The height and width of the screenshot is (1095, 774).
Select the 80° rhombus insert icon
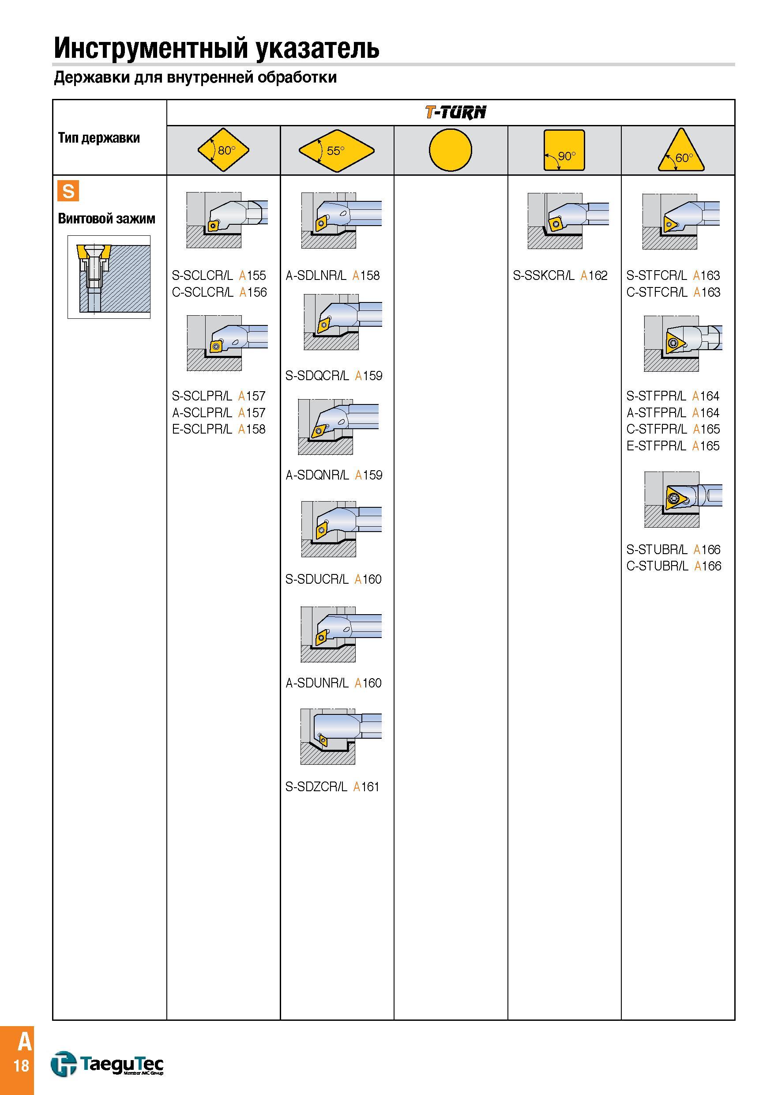pos(224,150)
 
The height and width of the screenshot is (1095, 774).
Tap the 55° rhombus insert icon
pos(337,151)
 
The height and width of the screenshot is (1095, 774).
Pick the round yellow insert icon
pos(451,150)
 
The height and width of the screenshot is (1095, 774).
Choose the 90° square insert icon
pos(564,150)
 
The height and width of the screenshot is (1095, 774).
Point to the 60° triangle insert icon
pos(681,150)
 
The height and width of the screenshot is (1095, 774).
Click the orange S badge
pos(68,191)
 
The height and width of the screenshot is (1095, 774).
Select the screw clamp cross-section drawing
pos(109,277)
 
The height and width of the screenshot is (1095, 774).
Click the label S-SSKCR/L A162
pos(560,275)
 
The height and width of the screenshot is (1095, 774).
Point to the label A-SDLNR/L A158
pos(333,275)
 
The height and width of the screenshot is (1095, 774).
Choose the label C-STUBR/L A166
pos(674,566)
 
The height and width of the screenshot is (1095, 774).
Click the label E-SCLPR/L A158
pos(219,429)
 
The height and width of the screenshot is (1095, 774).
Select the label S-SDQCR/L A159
pos(334,375)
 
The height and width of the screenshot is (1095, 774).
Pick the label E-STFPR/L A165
pos(673,446)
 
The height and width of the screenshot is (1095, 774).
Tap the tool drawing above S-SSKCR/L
pos(568,221)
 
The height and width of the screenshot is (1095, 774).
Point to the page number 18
pos(22,1065)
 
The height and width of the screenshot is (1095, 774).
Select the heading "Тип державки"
pos(99,138)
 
